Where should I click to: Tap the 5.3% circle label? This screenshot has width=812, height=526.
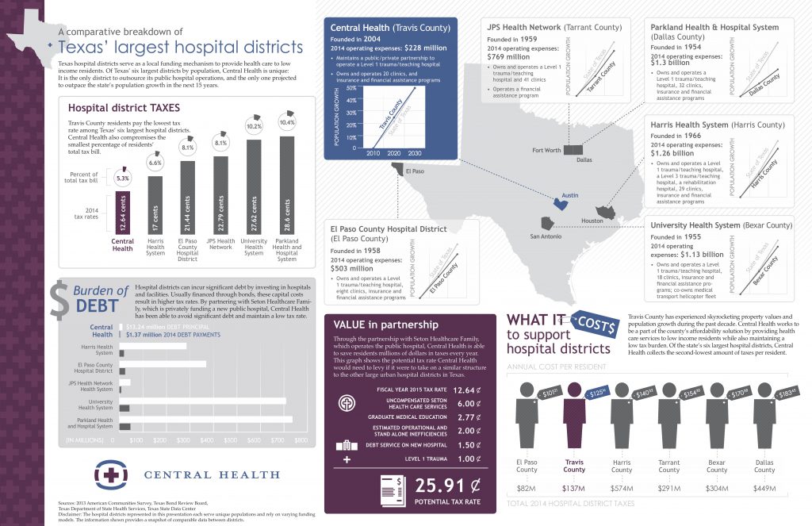(x=121, y=179)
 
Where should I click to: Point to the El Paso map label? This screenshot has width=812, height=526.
(x=415, y=171)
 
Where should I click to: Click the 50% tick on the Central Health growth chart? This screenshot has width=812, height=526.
(x=350, y=88)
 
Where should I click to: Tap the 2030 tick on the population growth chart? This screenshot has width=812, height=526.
(x=414, y=153)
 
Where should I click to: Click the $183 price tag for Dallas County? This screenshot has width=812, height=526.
(x=786, y=393)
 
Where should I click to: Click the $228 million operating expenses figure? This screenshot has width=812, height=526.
(x=421, y=48)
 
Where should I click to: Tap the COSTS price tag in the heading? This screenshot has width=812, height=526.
(x=599, y=322)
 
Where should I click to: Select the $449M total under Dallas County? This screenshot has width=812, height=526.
(x=764, y=490)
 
